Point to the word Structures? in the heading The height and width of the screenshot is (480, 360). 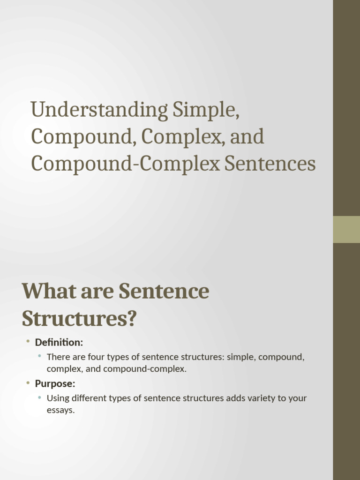[x=79, y=318]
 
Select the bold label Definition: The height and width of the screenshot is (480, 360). [x=59, y=343]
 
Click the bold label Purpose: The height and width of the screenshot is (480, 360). [x=55, y=384]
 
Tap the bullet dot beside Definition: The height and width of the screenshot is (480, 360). [x=28, y=342]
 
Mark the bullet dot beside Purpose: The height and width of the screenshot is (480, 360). [x=28, y=383]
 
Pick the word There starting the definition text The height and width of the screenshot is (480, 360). [x=58, y=357]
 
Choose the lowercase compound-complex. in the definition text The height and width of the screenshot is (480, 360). [x=145, y=369]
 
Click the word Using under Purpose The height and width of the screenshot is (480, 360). [x=58, y=398]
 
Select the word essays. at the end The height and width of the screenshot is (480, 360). [x=61, y=411]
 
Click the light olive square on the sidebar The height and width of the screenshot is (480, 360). [x=346, y=229]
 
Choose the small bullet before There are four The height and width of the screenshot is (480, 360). [x=40, y=357]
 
